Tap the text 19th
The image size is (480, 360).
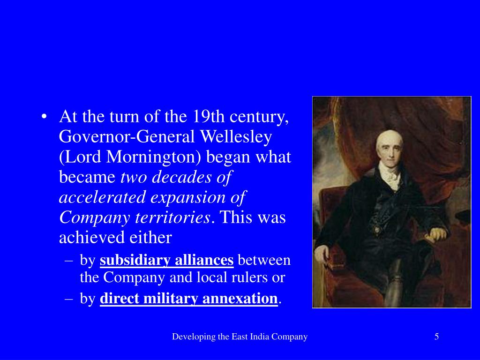(202, 116)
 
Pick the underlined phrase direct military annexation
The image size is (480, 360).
(189, 299)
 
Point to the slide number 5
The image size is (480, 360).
(436, 336)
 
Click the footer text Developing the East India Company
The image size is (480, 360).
(240, 336)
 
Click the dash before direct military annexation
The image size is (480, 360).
(69, 299)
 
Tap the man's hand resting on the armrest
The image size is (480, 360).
(437, 233)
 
